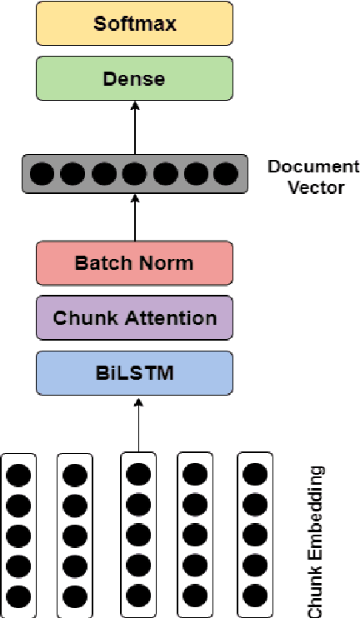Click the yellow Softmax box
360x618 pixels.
[134, 23]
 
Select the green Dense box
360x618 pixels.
[134, 79]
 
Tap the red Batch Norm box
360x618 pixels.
[134, 263]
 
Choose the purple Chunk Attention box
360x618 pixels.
[134, 317]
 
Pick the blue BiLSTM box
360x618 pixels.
[134, 372]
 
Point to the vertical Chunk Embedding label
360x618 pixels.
[316, 541]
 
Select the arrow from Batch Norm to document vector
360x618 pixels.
[134, 218]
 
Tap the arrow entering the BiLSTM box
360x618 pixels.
[138, 425]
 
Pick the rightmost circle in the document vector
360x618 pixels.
[225, 174]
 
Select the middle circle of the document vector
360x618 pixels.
[134, 174]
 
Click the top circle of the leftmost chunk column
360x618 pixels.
[18, 476]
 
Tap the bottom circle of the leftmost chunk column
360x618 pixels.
[18, 596]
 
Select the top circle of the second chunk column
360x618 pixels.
[75, 476]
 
